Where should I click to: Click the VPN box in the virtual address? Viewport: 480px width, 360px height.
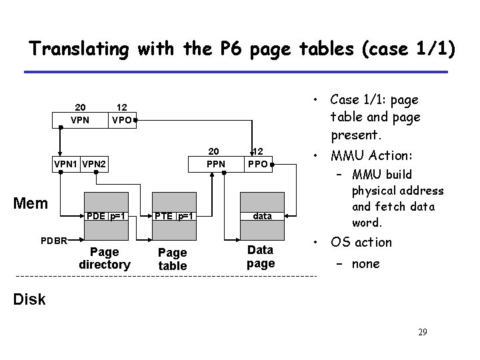pos(80,121)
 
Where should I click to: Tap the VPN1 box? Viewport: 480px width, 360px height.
pos(65,163)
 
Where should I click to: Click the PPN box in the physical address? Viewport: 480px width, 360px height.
pos(214,163)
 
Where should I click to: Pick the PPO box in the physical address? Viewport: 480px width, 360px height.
pos(257,163)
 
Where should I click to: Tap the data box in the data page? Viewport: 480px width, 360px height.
pos(261,216)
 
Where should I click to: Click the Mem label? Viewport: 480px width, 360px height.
pos(31,201)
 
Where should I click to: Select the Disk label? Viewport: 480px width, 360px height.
pos(31,299)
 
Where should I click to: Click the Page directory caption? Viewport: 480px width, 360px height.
pos(104,258)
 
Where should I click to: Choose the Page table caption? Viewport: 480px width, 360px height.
pos(172,259)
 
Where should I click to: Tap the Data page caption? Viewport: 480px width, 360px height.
pos(260,256)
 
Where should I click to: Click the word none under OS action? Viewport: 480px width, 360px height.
pos(365,263)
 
